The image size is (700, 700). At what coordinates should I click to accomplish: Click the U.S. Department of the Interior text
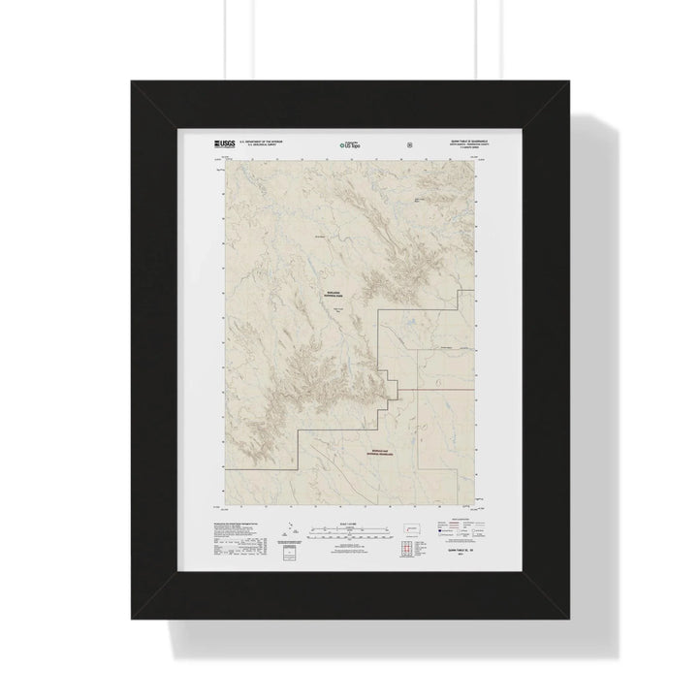tap(257, 141)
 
